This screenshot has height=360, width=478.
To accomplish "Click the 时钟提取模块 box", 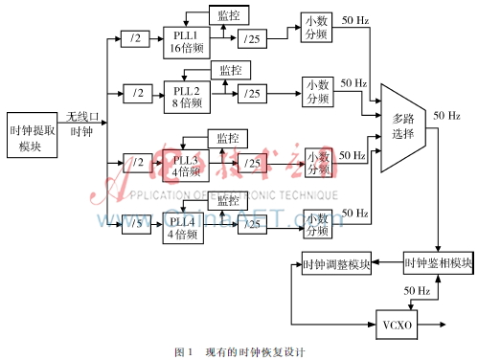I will coord(31,138).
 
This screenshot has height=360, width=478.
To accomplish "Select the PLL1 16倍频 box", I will coord(183,41).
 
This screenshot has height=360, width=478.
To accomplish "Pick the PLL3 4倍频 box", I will coord(183,165).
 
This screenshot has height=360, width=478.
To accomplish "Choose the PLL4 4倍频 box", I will coord(183,228).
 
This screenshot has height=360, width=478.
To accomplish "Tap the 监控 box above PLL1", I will coord(230,15).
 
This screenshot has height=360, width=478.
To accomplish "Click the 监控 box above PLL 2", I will coord(231,70).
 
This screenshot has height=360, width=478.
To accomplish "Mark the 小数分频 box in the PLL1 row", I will coord(315,29).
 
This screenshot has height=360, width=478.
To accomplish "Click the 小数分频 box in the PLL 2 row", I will coord(315,91).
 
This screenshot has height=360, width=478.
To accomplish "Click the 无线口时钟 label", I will coord(80,124).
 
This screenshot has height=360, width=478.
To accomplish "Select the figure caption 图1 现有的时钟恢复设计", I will coord(240,350).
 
